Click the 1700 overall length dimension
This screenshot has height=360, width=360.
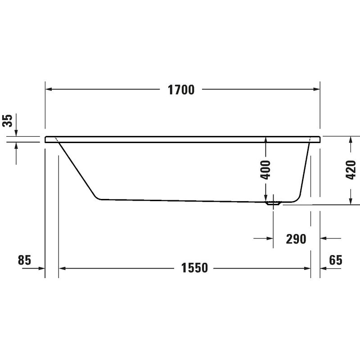(181, 90)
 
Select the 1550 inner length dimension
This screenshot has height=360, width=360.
(194, 268)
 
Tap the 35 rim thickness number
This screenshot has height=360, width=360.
(7, 120)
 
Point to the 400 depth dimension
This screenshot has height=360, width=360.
(266, 170)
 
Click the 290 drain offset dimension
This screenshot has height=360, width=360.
(296, 239)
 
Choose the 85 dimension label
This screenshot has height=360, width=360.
(24, 260)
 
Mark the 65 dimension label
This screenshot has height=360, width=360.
(335, 260)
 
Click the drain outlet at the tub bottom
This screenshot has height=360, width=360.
(273, 203)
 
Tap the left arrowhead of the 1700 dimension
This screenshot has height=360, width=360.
(49, 89)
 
